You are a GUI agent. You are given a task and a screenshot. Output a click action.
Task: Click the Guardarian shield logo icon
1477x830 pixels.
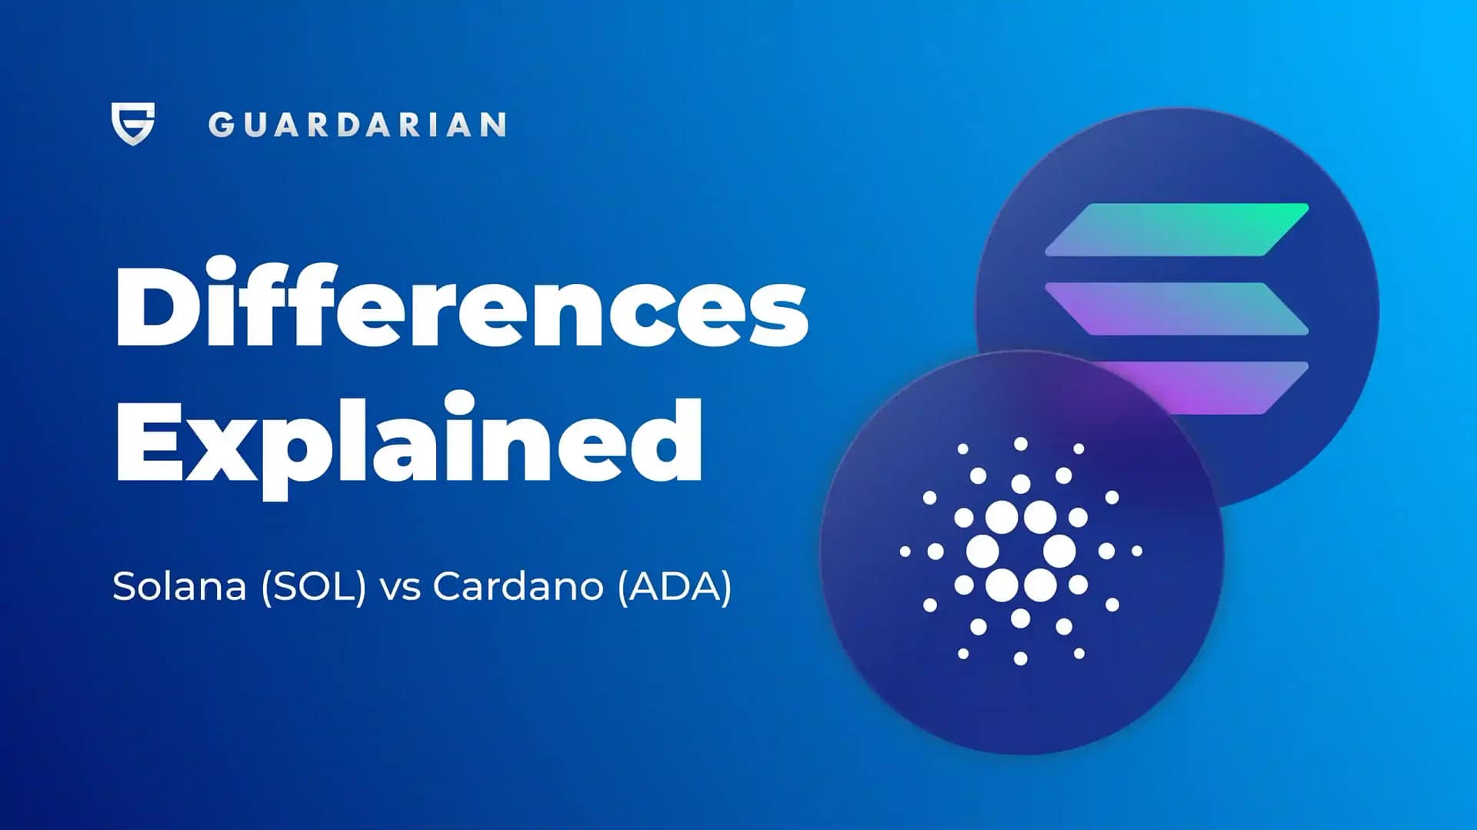coord(133,123)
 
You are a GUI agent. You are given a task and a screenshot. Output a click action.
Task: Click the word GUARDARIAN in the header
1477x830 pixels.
coord(357,125)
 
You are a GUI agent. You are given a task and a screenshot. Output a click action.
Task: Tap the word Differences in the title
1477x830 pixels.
coord(462,306)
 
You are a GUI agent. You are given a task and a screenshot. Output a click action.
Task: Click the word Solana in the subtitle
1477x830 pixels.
coord(179,587)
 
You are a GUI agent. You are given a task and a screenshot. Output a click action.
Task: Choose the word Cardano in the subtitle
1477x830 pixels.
coord(518,587)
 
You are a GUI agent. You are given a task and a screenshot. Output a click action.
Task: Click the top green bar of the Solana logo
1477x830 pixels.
coord(1177,229)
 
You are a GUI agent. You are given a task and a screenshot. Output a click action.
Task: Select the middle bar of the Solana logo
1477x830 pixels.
coord(1177,308)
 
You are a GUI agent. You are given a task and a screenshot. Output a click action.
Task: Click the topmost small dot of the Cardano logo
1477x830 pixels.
coord(1021,444)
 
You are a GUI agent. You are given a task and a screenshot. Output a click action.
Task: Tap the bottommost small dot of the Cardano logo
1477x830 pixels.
coord(1021,658)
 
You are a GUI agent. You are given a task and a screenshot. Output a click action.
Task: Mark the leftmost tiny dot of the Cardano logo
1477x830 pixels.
coord(905,552)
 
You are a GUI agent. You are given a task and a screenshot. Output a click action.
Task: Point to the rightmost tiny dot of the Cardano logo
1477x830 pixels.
coord(1137,551)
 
